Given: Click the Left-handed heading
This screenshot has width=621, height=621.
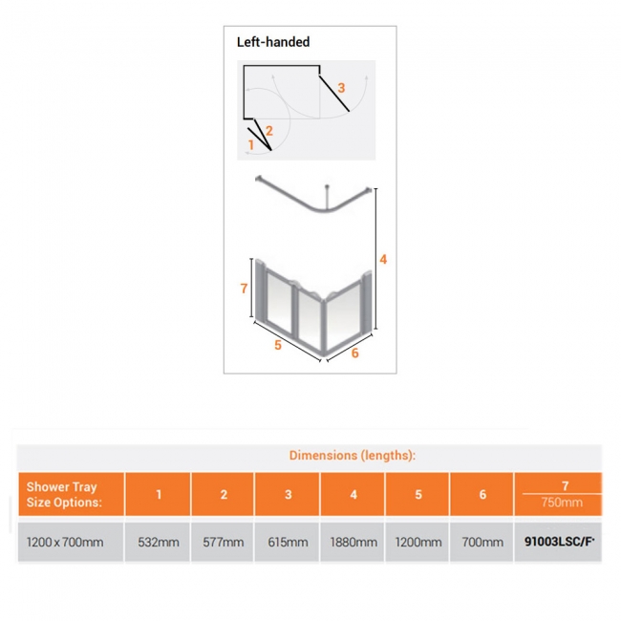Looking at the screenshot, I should [273, 42].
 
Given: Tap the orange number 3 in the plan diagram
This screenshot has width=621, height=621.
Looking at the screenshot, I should [341, 87].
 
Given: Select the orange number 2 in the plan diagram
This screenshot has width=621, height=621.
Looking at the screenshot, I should [269, 130].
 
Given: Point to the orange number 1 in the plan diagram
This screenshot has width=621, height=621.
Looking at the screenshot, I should [251, 144].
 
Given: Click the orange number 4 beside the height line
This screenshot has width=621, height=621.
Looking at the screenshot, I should [382, 259].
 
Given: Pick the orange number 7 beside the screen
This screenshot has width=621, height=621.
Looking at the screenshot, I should [245, 288].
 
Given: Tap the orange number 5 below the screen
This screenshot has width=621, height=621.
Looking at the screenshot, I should [278, 345].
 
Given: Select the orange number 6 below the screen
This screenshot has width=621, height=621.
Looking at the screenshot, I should [354, 353].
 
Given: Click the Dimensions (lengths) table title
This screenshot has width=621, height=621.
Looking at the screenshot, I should [353, 456].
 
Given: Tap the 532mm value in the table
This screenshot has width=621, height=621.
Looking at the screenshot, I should [159, 542].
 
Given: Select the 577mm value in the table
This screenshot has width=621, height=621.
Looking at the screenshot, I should [224, 542].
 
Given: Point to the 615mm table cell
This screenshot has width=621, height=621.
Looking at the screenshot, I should [288, 542].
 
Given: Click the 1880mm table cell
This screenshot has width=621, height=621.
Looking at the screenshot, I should [353, 542].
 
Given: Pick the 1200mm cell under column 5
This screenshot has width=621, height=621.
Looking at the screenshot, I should [418, 542].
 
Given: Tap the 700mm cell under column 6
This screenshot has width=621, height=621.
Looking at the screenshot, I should [482, 542].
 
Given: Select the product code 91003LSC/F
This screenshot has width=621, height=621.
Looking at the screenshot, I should [559, 542].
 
